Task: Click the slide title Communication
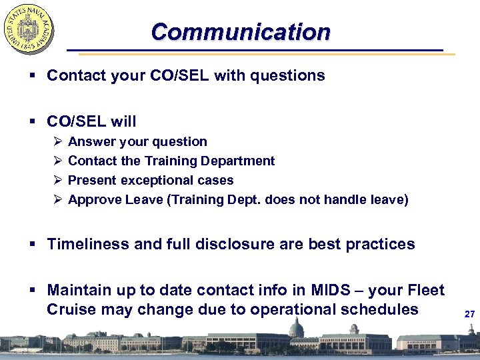240,32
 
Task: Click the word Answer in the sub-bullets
91,141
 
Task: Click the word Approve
95,199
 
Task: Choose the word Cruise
71,309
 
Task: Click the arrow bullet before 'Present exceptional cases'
56,180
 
